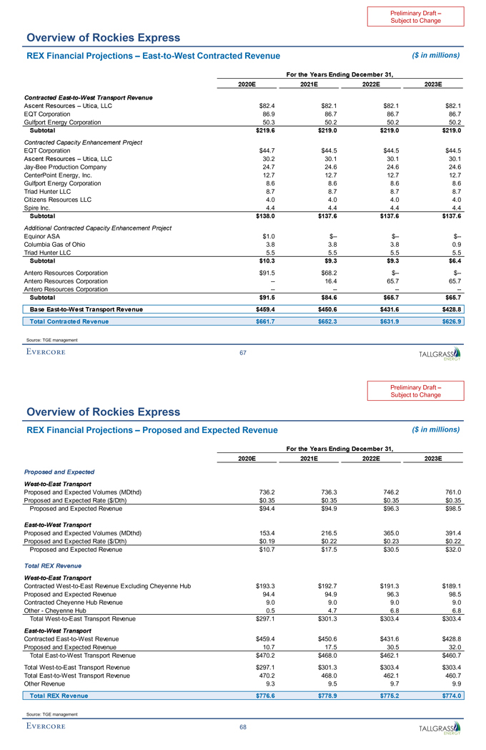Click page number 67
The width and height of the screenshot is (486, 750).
click(244, 352)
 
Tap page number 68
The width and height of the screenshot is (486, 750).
click(243, 727)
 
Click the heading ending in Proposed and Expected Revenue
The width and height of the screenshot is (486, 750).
click(152, 429)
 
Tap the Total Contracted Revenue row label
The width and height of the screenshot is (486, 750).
click(69, 321)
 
